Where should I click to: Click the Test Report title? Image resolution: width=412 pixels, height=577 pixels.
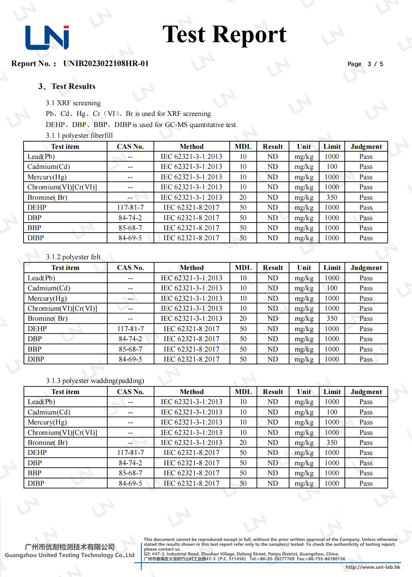pos(224,35)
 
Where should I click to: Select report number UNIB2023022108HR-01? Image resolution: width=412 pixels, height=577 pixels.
pos(106,64)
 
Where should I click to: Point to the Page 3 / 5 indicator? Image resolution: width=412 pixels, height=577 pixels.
pos(365,64)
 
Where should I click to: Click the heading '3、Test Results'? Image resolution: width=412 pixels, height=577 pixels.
pos(67,87)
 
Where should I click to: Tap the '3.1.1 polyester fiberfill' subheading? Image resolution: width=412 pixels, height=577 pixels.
pos(79,135)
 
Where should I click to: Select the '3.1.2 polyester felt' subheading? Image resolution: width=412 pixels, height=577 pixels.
pos(73,257)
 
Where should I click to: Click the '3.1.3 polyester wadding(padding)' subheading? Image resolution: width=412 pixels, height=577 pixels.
pos(95,381)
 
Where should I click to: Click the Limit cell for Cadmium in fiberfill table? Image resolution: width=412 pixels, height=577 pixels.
pos(332,167)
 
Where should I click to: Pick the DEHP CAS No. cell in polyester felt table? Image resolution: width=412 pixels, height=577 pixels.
pos(130,329)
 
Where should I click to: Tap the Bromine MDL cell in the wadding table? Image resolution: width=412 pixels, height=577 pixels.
pos(243,442)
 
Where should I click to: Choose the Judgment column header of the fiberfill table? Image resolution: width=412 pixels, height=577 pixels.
pos(366,146)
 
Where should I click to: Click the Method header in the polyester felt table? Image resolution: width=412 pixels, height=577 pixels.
pos(192,268)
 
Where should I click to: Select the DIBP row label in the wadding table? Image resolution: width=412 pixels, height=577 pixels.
pos(36,483)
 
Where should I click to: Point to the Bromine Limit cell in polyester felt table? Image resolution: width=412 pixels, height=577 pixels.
pos(332,318)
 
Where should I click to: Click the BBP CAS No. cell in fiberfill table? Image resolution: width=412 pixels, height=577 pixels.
pos(130,228)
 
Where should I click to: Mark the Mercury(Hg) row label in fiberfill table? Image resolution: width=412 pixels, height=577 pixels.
pos(47,177)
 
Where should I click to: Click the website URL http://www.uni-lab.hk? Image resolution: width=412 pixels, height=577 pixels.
pos(373,567)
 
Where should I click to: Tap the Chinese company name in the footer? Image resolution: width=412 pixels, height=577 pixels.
pos(70,547)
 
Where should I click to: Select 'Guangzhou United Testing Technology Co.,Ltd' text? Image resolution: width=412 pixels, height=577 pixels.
pos(70,555)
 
